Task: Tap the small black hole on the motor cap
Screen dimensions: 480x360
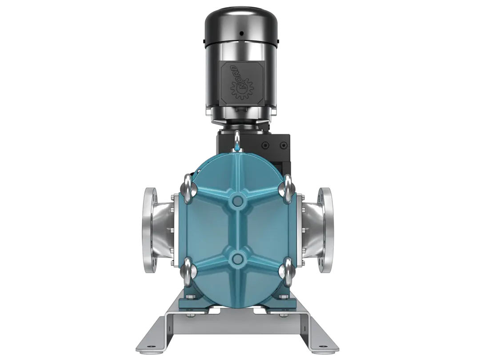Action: pyautogui.click(x=241, y=33)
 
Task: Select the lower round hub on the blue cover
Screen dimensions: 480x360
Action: pyautogui.click(x=238, y=259)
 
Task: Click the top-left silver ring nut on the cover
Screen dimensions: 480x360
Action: pyautogui.click(x=188, y=189)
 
